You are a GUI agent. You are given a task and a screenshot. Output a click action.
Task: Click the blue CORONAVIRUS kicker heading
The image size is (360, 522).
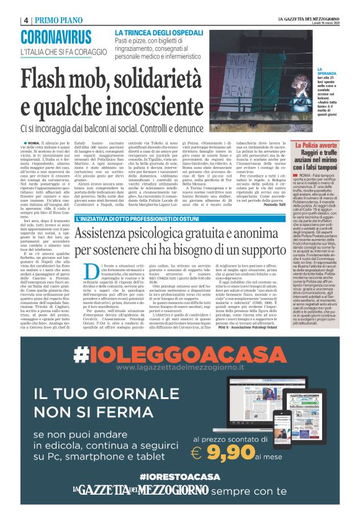(x=60, y=37)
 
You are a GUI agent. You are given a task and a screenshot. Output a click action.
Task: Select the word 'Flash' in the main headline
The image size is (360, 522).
(x=53, y=80)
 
